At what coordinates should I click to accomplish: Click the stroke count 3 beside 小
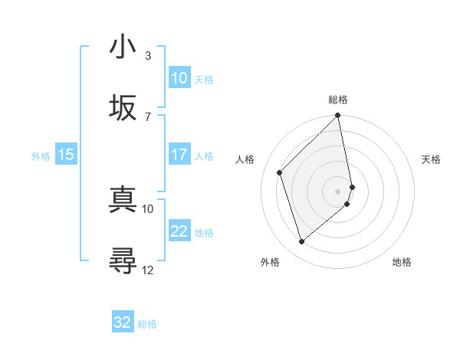147,55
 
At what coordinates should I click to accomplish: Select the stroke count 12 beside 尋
147,269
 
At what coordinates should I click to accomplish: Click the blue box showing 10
179,78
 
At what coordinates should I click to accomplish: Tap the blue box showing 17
179,155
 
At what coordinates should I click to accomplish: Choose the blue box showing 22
179,231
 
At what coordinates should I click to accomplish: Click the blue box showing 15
66,155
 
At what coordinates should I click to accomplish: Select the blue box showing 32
123,322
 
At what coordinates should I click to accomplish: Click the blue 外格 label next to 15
41,155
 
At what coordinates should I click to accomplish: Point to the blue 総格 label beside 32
147,324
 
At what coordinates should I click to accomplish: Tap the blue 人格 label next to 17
204,155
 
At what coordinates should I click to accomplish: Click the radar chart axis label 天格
431,159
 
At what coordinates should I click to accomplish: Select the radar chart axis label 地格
402,262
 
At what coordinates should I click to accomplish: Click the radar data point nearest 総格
338,116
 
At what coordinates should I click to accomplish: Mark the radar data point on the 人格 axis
280,172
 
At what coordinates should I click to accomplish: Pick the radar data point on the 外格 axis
301,241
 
